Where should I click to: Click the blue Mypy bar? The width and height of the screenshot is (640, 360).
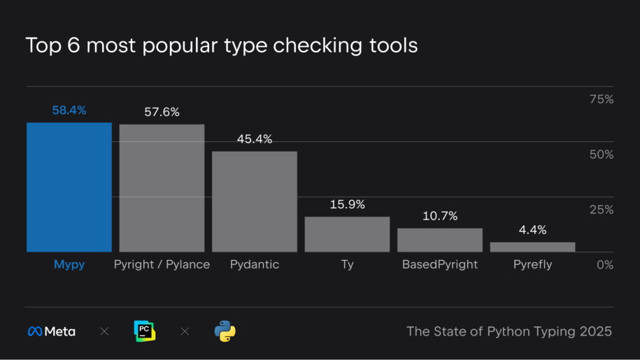(69, 187)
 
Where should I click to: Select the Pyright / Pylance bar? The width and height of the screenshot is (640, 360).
(162, 188)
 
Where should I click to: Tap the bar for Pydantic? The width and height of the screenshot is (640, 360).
(255, 201)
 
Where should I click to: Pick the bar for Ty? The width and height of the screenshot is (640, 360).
(347, 234)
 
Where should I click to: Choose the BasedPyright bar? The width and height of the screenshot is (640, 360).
(440, 240)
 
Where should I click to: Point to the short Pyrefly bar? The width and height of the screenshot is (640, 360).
(532, 247)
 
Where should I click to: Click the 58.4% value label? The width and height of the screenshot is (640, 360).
(69, 110)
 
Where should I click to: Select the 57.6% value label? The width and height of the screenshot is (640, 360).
(162, 112)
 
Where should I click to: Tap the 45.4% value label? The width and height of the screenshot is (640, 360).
(255, 139)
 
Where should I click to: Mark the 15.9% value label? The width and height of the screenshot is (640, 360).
(348, 205)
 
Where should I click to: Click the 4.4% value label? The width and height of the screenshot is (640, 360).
(532, 230)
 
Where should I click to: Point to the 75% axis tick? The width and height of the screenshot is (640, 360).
(602, 99)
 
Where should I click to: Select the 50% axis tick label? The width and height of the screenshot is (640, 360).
(601, 154)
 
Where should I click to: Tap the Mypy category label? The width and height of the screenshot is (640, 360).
(69, 265)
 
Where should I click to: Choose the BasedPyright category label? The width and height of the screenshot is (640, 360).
(440, 265)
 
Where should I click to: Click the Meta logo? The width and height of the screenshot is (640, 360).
(52, 331)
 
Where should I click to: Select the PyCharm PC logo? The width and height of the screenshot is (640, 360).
(144, 331)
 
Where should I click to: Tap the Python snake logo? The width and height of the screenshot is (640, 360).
(225, 331)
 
